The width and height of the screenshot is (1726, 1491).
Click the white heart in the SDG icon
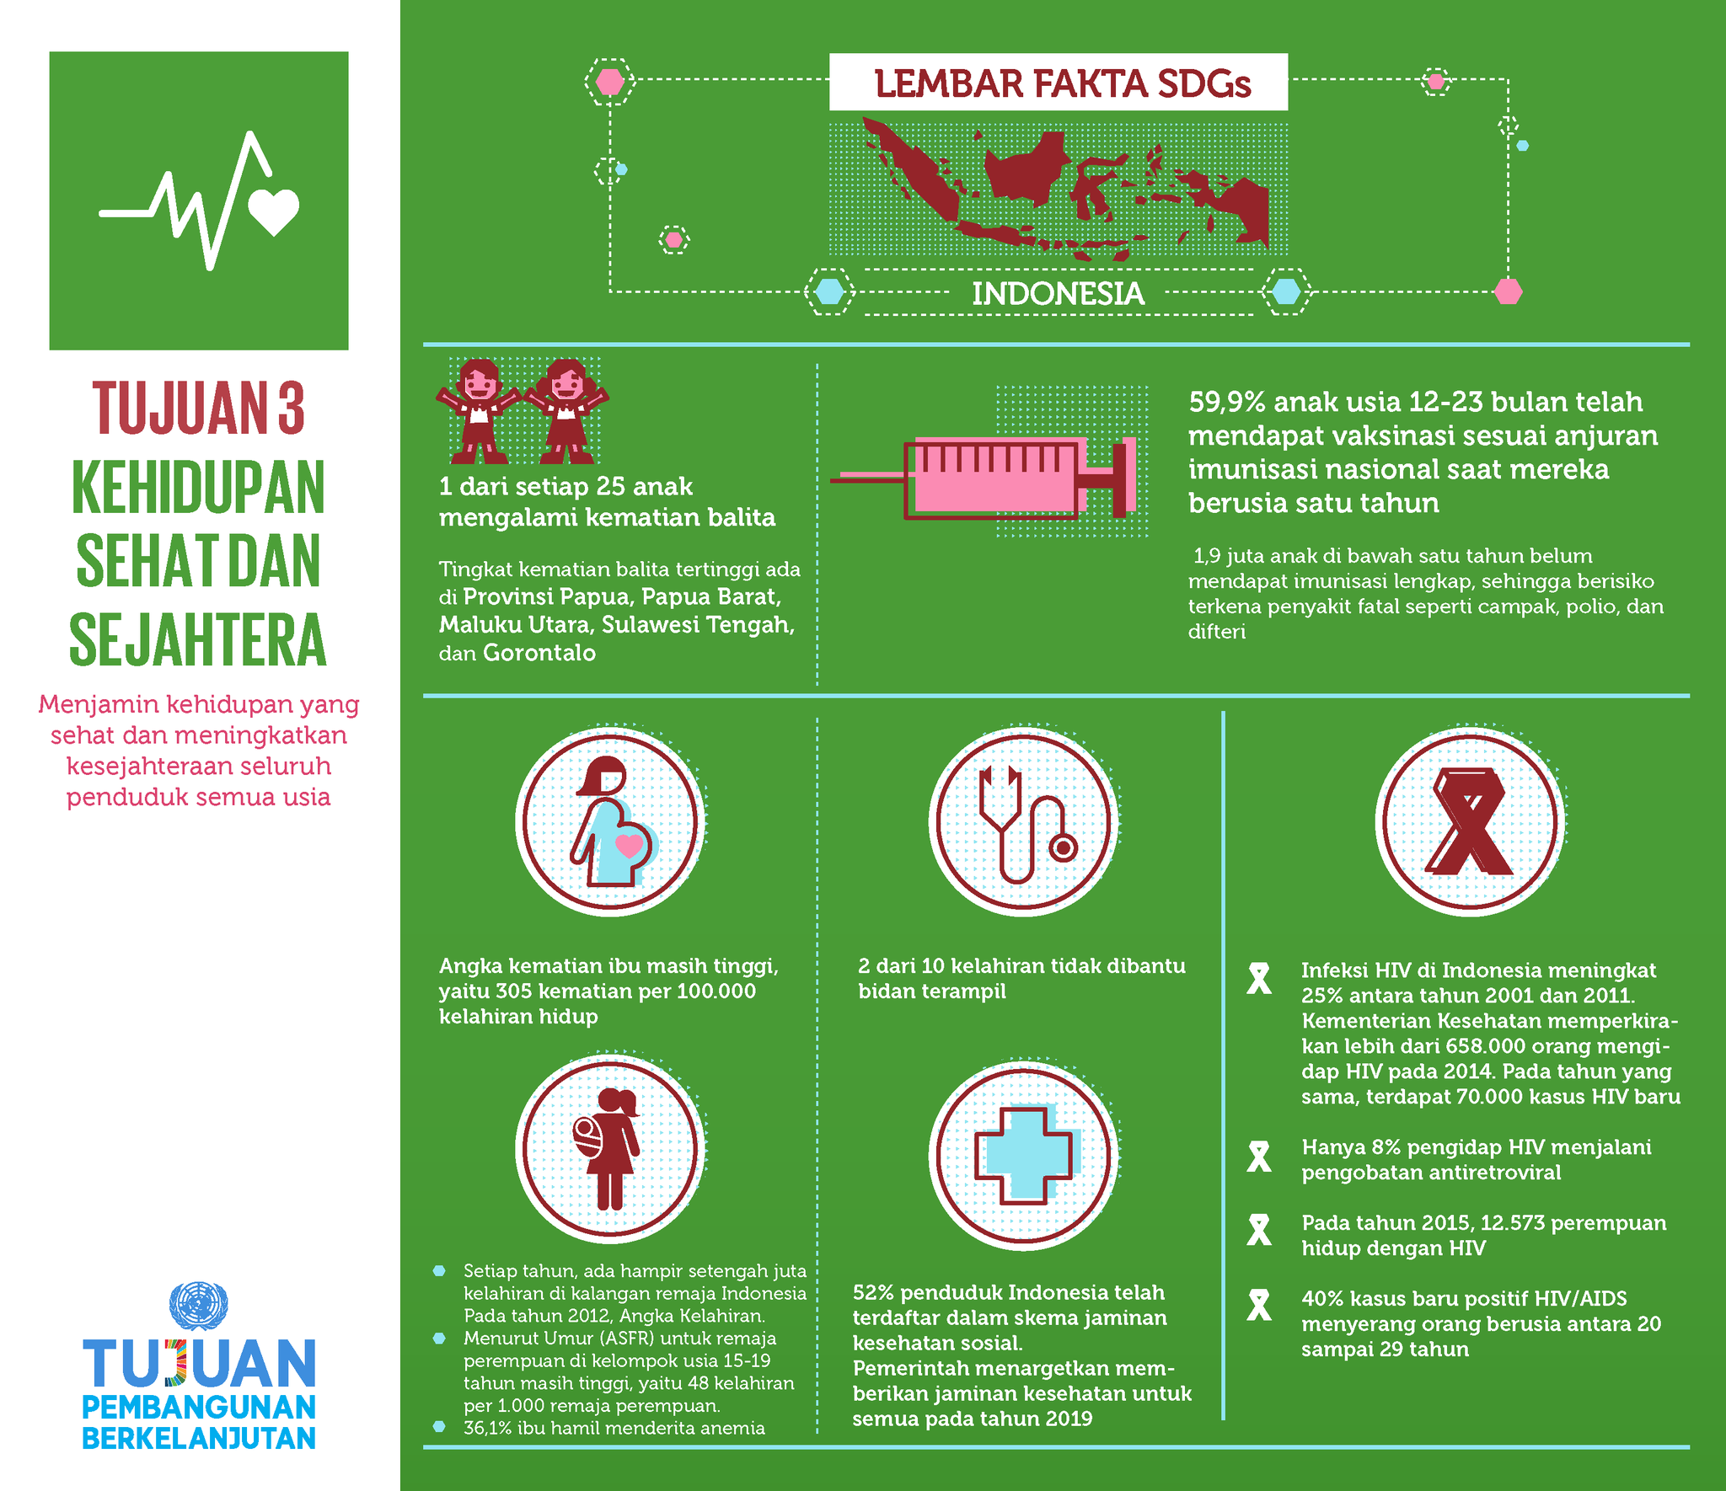tap(274, 211)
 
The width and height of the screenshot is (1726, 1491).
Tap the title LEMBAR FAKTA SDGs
tap(1062, 83)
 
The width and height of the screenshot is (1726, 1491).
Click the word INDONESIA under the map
tap(1058, 294)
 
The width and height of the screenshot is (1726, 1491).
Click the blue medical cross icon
tap(1023, 1154)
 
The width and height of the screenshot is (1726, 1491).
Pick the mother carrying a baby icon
tap(608, 1149)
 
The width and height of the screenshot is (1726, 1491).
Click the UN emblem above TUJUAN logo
tap(199, 1306)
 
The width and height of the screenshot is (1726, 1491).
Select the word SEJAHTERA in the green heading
tap(198, 641)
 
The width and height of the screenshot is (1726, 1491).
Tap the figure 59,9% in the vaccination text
tap(1226, 402)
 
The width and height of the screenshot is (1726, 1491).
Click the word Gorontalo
tap(539, 653)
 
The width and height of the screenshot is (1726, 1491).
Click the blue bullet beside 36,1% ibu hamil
tap(439, 1427)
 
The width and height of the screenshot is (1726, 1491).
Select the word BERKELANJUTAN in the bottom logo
tap(199, 1438)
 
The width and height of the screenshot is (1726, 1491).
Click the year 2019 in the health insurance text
tap(1069, 1419)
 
